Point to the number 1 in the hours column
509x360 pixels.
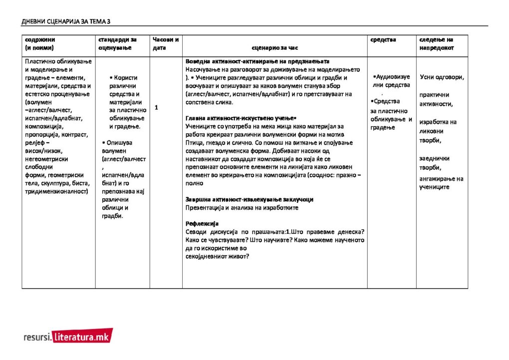coord(156,107)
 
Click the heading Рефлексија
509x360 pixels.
coord(202,223)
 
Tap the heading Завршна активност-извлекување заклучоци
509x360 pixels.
coord(249,199)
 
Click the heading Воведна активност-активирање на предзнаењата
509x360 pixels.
coord(254,61)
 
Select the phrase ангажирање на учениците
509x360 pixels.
coord(441,183)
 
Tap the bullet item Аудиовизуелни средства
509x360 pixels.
coord(392,81)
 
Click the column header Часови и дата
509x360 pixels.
coord(166,43)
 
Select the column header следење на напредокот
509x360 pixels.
coord(436,43)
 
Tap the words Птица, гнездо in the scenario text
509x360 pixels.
coord(204,143)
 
